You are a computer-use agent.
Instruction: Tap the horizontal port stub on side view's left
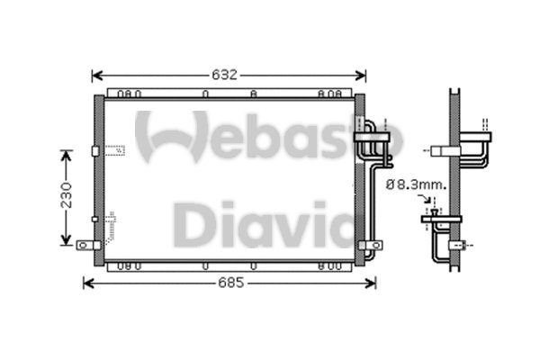[x=441, y=151]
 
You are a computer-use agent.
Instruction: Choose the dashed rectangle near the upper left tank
[x=114, y=153]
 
